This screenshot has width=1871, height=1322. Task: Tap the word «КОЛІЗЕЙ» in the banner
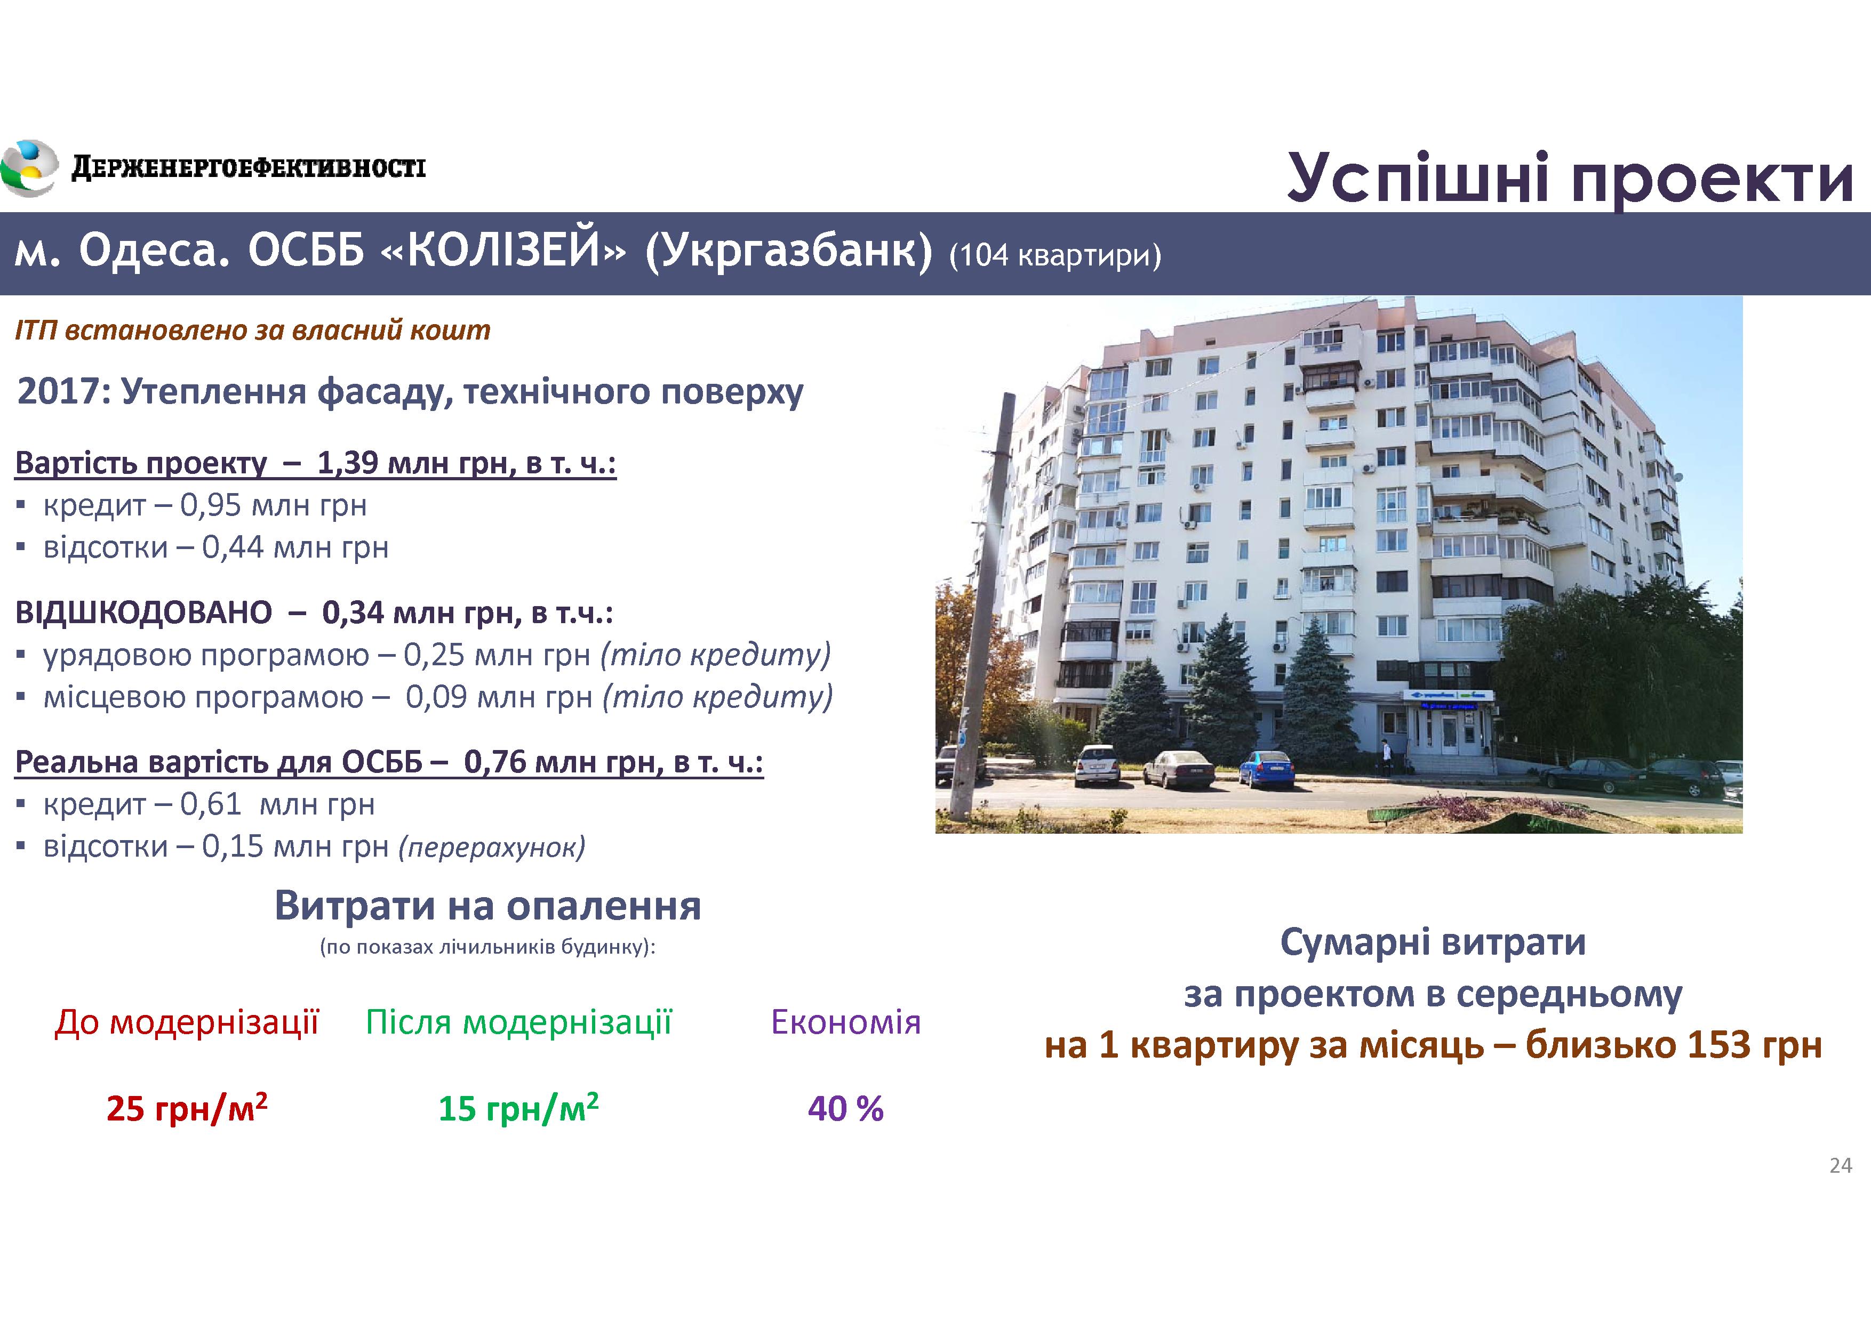(503, 251)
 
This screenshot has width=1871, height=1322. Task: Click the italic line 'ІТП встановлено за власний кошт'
(253, 330)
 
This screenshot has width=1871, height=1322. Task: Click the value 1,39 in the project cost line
(347, 463)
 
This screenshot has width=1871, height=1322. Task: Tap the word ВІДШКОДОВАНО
(143, 612)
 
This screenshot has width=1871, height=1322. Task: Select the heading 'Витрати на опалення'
(487, 905)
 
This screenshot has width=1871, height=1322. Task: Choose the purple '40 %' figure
(846, 1109)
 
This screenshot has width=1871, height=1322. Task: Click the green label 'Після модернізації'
(518, 1022)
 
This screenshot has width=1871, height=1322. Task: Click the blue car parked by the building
(1266, 768)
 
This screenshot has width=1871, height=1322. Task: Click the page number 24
(1841, 1166)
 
